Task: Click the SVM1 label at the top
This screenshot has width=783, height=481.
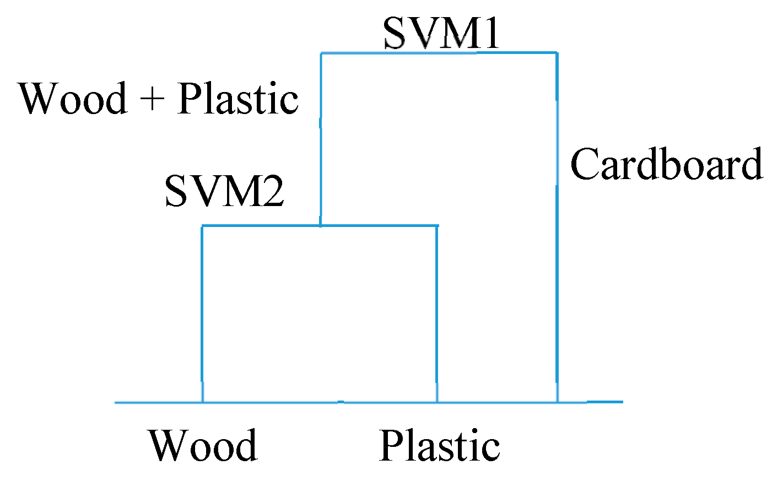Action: coord(441,33)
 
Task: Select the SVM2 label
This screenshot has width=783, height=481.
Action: coord(224,191)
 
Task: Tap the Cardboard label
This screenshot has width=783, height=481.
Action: coord(666,164)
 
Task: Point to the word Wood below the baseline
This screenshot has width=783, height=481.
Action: coord(203,445)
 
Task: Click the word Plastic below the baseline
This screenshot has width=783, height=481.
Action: coord(440,445)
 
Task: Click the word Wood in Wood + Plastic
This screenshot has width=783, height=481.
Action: coord(73,99)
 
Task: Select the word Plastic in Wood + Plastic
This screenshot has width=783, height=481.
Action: coord(238,99)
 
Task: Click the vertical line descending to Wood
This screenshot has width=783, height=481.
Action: coord(203,314)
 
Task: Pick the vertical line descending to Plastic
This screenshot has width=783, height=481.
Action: coord(437,314)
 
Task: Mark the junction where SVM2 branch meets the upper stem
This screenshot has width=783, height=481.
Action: coord(321,225)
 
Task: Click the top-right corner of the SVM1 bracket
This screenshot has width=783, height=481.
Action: coord(557,53)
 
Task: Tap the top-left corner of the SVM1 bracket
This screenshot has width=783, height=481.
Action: coord(321,53)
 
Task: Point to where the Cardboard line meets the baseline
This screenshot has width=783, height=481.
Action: coord(557,402)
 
